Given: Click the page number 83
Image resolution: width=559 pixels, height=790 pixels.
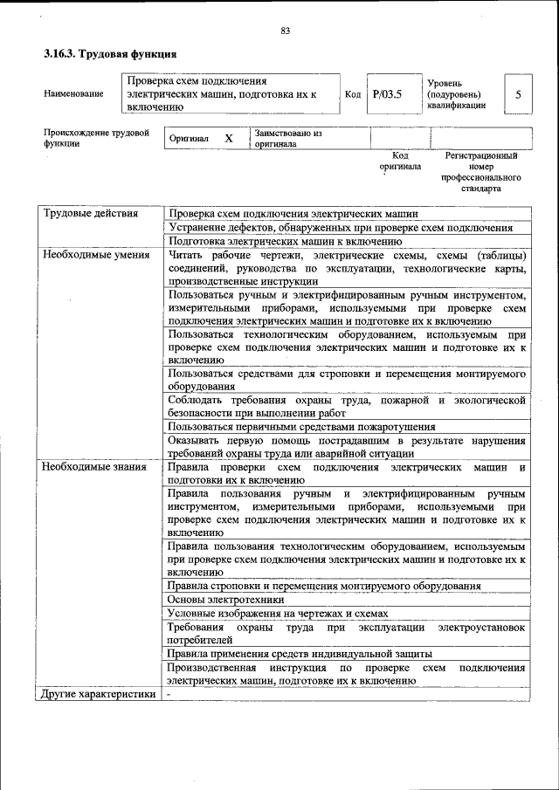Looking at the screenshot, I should (285, 32).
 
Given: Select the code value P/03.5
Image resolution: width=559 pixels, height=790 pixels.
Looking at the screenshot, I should (385, 94).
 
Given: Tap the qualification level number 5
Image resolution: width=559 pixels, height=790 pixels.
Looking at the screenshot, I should (519, 94).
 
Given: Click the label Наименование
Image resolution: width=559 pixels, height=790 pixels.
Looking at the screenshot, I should (73, 94).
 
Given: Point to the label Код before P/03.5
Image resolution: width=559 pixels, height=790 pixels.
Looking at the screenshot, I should (353, 94).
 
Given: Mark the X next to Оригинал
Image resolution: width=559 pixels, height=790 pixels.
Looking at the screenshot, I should (229, 139).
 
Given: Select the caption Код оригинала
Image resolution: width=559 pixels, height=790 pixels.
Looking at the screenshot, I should (399, 161).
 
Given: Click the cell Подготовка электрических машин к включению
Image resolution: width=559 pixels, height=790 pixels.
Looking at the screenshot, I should (285, 241).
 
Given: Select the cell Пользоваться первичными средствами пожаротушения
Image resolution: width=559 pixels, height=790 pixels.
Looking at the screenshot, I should (301, 427).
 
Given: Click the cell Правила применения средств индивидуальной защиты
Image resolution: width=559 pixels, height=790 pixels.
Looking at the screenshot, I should (300, 654).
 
